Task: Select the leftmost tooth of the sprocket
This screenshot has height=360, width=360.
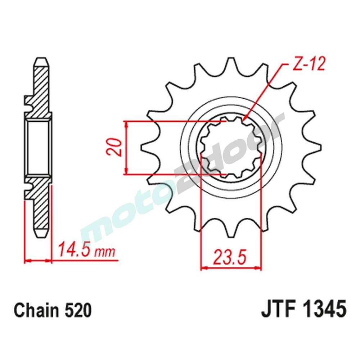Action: pos(144,148)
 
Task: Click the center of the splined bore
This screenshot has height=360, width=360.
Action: pos(230,148)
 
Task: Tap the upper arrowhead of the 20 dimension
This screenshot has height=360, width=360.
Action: pos(126,122)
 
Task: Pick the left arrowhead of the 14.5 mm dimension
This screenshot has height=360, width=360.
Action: pos(26,260)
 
